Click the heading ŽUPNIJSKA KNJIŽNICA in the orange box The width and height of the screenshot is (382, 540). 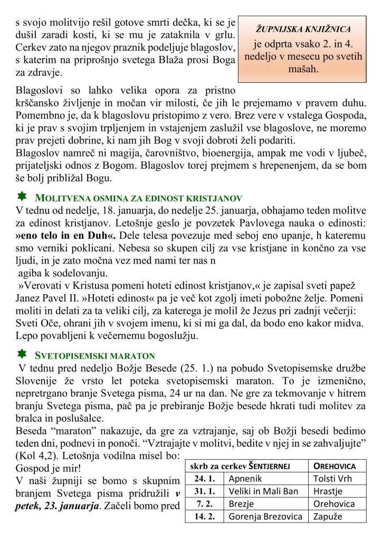(x=303, y=29)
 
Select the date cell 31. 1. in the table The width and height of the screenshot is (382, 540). (x=205, y=491)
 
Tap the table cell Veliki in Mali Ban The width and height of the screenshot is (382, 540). (x=264, y=491)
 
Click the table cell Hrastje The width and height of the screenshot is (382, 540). (x=328, y=491)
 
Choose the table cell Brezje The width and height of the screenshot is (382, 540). (x=241, y=504)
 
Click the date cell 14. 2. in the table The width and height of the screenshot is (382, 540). (x=205, y=516)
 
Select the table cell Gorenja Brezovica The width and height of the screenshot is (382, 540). (x=265, y=516)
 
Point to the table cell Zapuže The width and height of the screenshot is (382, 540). (x=328, y=516)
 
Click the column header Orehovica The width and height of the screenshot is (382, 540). (x=335, y=466)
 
